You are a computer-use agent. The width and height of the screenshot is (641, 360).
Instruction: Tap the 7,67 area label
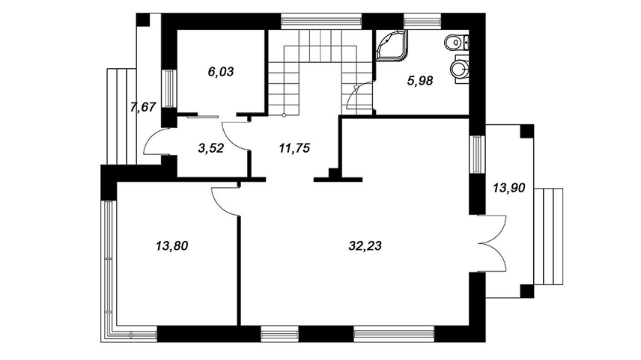click(142, 107)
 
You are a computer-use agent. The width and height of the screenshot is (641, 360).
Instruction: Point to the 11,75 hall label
click(294, 148)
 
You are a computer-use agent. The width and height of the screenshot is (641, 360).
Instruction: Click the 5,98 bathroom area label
click(420, 82)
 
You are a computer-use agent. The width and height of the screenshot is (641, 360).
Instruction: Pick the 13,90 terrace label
click(508, 188)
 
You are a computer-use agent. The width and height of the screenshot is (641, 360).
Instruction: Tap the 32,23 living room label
click(365, 245)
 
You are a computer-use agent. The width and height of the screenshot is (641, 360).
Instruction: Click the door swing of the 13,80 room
click(224, 200)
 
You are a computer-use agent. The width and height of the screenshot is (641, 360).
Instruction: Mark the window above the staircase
click(320, 19)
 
